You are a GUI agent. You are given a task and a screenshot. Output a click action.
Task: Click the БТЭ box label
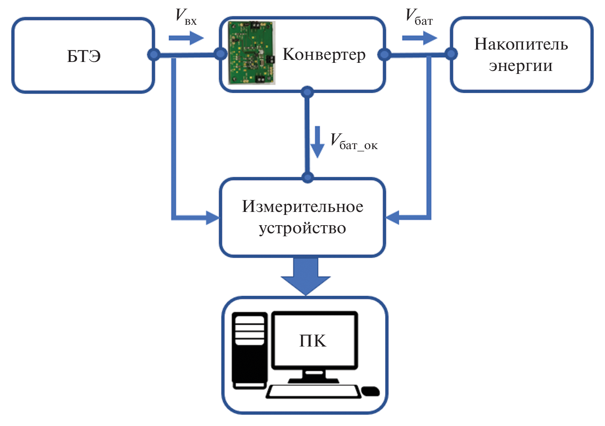click(x=84, y=56)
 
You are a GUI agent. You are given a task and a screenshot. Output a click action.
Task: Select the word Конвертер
click(x=324, y=55)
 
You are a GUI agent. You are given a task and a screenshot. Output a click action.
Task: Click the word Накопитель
click(x=521, y=44)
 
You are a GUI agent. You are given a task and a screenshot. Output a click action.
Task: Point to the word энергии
click(x=520, y=66)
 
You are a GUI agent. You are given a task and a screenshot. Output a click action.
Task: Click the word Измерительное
click(x=303, y=206)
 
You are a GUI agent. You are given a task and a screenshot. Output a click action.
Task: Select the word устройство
click(x=302, y=228)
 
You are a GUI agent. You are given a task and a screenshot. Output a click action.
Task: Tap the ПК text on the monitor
click(x=313, y=341)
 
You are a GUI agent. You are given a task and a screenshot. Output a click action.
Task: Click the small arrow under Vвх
click(x=186, y=38)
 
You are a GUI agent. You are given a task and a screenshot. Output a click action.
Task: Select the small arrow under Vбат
click(x=419, y=38)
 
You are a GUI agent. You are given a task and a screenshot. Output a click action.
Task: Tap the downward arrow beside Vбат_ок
click(x=317, y=142)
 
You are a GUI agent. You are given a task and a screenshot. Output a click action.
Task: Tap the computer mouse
click(x=370, y=391)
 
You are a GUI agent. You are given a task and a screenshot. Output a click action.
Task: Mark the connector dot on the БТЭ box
click(x=154, y=54)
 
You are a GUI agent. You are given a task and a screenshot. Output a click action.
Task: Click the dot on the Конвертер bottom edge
click(x=307, y=92)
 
